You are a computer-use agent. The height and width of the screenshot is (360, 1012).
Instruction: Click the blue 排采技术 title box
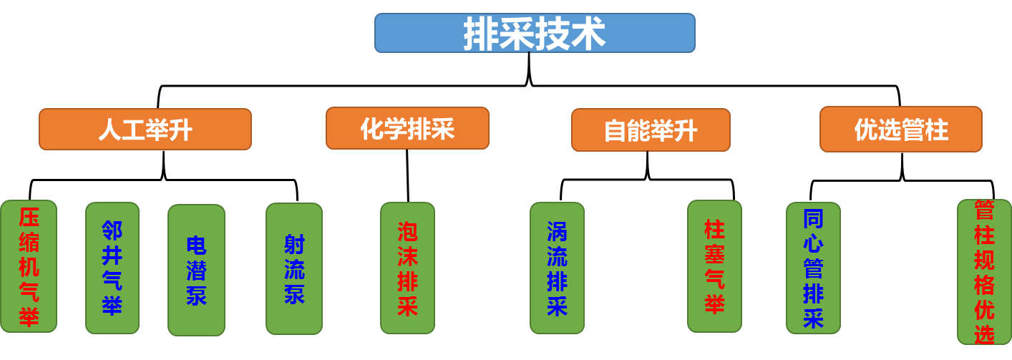[535, 33]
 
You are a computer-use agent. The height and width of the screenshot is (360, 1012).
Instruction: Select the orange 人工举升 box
[145, 130]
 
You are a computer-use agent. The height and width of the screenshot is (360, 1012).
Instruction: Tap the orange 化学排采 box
[407, 128]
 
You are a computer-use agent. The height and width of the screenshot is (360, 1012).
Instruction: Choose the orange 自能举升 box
[651, 130]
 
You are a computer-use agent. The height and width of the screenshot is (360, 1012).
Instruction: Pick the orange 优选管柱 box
[900, 130]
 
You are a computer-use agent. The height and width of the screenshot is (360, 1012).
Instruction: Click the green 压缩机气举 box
[29, 266]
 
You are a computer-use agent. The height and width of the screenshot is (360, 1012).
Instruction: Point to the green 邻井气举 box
[112, 268]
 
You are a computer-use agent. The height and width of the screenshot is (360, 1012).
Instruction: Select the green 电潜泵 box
[196, 270]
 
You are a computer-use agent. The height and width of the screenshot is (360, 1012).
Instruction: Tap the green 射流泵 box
[294, 268]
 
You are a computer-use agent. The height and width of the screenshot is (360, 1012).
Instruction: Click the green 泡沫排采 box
[407, 268]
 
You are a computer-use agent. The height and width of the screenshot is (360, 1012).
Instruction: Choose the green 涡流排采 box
[557, 268]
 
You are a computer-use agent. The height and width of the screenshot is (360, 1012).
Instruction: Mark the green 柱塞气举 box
[714, 266]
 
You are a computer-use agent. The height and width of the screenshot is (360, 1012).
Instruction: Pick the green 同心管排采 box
[813, 268]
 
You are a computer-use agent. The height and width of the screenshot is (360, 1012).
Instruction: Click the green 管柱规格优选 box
[984, 272]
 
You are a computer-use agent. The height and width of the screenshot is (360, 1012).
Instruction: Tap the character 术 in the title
[588, 34]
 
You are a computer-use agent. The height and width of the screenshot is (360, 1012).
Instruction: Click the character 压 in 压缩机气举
[29, 218]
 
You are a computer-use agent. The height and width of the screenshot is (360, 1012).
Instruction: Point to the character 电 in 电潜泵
[196, 245]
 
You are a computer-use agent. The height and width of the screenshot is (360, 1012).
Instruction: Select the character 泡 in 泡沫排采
[407, 231]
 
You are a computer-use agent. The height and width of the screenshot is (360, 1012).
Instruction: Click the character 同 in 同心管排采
[813, 218]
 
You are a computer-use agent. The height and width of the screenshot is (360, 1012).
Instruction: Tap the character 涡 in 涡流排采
[557, 231]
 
